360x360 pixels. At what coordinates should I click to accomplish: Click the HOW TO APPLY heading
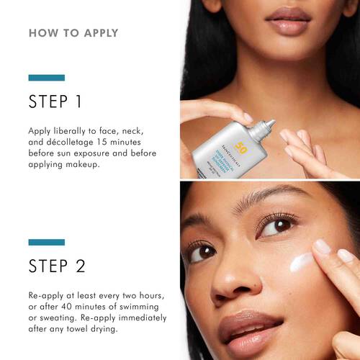(x=73, y=33)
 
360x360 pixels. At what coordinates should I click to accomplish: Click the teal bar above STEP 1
(x=46, y=77)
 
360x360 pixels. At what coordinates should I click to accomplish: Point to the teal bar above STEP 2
(x=46, y=242)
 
